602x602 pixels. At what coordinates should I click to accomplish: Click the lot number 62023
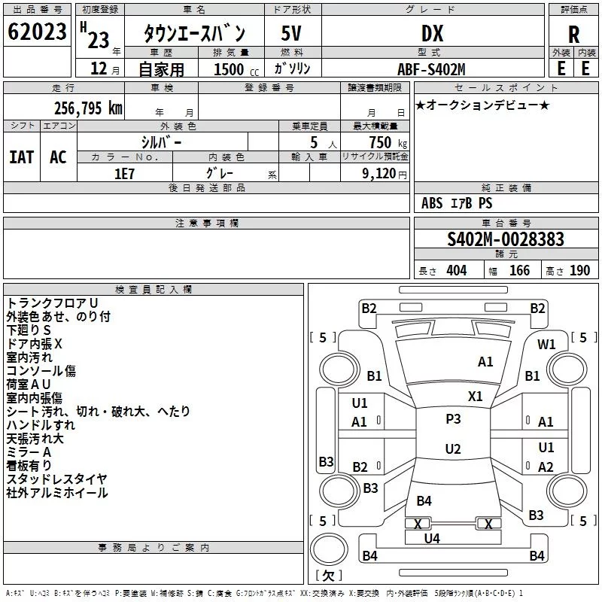[x=37, y=32]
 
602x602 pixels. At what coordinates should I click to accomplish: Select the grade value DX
[x=432, y=33]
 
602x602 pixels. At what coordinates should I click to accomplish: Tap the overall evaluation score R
[x=573, y=35]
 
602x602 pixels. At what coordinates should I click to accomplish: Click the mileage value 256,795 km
[x=88, y=108]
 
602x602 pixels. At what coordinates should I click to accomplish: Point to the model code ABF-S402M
[x=431, y=69]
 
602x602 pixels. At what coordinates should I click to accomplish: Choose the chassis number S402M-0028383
[x=506, y=239]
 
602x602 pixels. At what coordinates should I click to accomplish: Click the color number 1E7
[x=124, y=174]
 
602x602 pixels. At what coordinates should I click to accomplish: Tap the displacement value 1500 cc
[x=236, y=69]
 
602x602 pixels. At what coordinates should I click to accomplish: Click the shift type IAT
[x=21, y=157]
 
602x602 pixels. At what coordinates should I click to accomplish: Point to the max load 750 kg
[x=388, y=142]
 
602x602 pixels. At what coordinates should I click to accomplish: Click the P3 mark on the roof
[x=453, y=418]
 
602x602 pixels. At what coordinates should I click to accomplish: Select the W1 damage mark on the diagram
[x=546, y=344]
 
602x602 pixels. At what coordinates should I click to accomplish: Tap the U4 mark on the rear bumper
[x=432, y=539]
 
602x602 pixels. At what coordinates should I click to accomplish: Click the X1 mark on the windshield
[x=475, y=396]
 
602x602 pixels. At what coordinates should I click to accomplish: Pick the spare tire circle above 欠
[x=329, y=549]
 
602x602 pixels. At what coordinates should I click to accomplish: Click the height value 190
[x=579, y=271]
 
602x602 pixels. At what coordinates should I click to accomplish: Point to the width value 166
[x=519, y=271]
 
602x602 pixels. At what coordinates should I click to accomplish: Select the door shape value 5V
[x=291, y=33]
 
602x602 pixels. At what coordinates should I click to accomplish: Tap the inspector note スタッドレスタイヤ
[x=57, y=479]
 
